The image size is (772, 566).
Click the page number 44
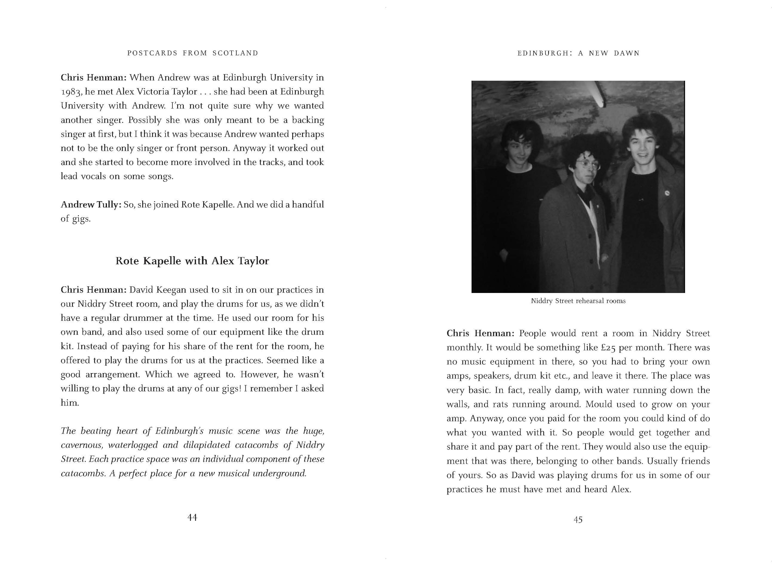tap(192, 517)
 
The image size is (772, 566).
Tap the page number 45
tap(578, 520)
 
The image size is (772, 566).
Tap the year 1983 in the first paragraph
tap(72, 92)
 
